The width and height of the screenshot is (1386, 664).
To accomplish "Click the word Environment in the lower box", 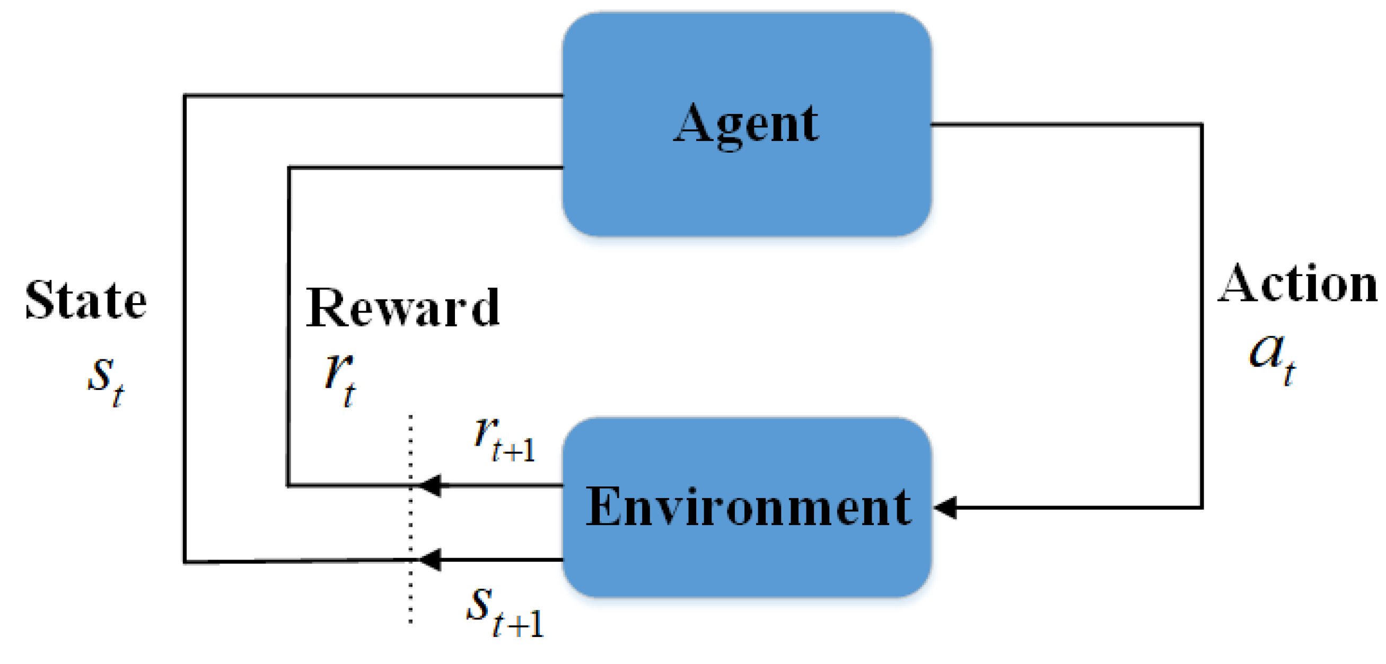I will pyautogui.click(x=748, y=507).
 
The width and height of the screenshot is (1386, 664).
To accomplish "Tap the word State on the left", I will pyautogui.click(x=86, y=300).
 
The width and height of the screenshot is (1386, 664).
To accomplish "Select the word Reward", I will pyautogui.click(x=402, y=307).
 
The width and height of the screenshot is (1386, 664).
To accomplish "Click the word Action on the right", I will pyautogui.click(x=1297, y=284).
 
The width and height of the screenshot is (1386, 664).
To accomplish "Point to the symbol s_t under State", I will pyautogui.click(x=106, y=379).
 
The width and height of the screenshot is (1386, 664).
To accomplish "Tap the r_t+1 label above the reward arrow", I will pyautogui.click(x=504, y=440).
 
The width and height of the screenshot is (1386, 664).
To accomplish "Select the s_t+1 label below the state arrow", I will pyautogui.click(x=505, y=612).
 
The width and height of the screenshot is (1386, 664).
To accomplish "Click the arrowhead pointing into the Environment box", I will pyautogui.click(x=946, y=507).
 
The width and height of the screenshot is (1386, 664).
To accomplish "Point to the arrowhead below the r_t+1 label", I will pyautogui.click(x=431, y=485).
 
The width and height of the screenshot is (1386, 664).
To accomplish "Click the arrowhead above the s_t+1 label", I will pyautogui.click(x=431, y=560).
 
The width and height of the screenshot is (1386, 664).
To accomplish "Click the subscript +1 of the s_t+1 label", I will pyautogui.click(x=526, y=625).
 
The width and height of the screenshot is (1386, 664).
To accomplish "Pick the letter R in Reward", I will pyautogui.click(x=325, y=307).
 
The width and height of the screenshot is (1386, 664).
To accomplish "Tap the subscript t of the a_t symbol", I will pyautogui.click(x=1289, y=373).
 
